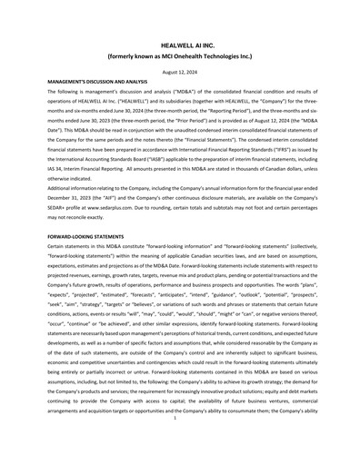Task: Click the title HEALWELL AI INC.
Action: pyautogui.click(x=179, y=43)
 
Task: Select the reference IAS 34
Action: pyautogui.click(x=56, y=169)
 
